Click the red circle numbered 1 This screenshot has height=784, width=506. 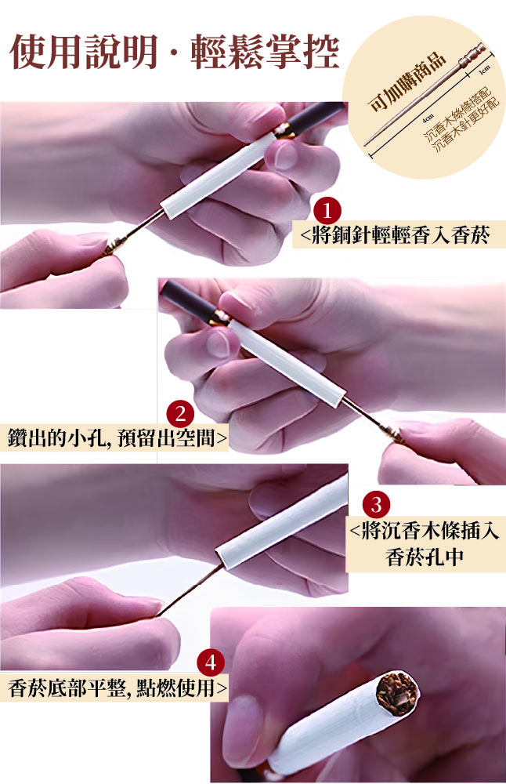click(327, 210)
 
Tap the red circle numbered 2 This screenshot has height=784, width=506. click(180, 414)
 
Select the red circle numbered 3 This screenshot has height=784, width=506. click(376, 504)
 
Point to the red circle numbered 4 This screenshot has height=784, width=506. click(211, 663)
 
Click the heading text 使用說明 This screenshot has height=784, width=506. click(85, 52)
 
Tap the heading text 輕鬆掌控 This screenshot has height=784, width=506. click(266, 52)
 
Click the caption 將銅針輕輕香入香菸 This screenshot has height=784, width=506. click(400, 234)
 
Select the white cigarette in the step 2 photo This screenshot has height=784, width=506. click(285, 361)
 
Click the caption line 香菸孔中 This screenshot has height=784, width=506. click(425, 557)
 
